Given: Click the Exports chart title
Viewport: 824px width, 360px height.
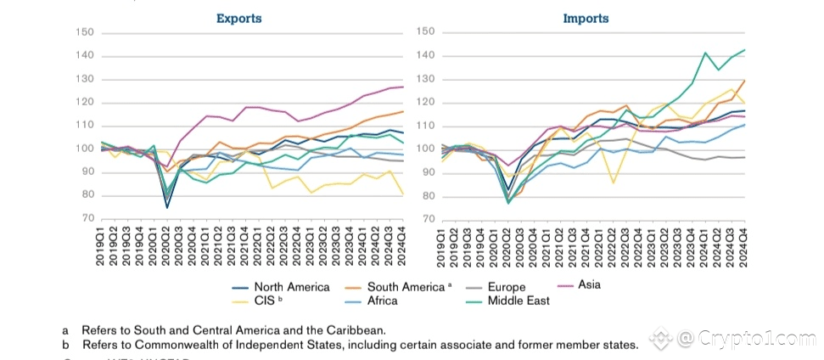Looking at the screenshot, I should point(238,18).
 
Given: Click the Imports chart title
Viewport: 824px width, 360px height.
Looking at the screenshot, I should point(586,18).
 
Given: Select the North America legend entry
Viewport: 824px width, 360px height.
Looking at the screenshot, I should point(292,287).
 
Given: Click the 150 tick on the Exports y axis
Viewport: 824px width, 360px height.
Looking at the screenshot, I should point(86,33).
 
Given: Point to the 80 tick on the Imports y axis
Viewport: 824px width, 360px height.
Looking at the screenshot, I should point(427,196).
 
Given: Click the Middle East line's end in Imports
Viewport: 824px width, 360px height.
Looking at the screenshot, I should point(745,50).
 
